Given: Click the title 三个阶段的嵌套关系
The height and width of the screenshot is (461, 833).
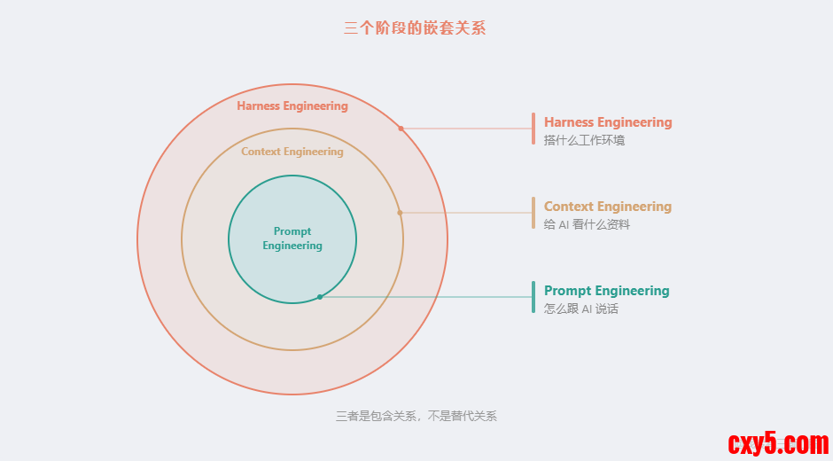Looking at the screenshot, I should [x=415, y=28].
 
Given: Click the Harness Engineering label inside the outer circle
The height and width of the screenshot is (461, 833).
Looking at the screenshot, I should [x=292, y=106].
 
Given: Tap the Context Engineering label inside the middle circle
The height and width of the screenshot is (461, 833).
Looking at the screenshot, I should [x=292, y=152].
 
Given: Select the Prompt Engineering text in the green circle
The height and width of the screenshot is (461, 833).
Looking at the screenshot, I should [x=292, y=238].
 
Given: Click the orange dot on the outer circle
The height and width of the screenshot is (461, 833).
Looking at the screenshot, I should [x=401, y=129].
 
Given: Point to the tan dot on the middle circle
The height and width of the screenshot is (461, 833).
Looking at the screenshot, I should [x=400, y=213].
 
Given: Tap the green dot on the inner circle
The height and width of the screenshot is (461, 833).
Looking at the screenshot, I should [x=320, y=297].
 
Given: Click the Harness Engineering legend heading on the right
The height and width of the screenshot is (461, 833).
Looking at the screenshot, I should [x=608, y=122].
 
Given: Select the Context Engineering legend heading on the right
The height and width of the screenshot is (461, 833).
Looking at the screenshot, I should [x=608, y=207].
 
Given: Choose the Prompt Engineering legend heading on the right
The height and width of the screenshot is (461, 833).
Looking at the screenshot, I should [x=607, y=291].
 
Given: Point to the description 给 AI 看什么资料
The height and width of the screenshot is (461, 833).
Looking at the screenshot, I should [x=587, y=224].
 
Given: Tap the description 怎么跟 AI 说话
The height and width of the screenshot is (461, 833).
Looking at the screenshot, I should [x=581, y=309].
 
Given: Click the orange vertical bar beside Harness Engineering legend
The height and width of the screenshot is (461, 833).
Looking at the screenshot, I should [x=533, y=129].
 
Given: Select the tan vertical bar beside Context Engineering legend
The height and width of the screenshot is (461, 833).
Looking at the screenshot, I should [x=533, y=213].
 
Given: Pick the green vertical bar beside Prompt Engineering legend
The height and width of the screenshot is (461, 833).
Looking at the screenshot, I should [x=533, y=297].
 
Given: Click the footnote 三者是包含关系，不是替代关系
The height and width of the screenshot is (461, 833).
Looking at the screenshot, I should [x=416, y=416].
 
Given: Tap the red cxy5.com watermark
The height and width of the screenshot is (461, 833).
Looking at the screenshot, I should [x=777, y=442].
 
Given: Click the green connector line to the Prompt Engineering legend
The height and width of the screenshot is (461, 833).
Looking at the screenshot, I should [x=425, y=297].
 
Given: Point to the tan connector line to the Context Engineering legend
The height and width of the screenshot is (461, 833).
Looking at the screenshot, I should [x=465, y=213].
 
